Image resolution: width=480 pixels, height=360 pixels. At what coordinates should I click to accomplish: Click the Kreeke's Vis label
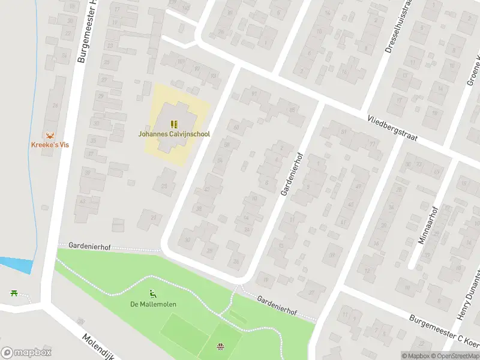pyautogui.click(x=51, y=145)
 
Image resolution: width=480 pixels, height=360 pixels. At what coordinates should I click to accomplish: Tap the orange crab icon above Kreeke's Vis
pyautogui.click(x=50, y=135)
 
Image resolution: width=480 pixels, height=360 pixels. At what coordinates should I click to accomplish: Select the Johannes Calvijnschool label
pyautogui.click(x=174, y=134)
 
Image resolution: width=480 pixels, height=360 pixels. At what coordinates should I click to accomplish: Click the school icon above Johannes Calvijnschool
pyautogui.click(x=174, y=124)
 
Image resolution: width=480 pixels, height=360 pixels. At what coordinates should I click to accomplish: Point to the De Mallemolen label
pyautogui.click(x=154, y=304)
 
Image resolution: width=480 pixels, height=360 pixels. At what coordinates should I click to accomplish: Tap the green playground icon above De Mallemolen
pyautogui.click(x=153, y=294)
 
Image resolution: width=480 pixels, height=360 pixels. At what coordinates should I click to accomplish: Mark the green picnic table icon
pyautogui.click(x=13, y=293)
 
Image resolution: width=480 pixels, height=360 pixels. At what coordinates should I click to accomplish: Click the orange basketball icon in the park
pyautogui.click(x=220, y=346)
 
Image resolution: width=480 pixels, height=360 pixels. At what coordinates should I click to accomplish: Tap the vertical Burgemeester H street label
pyautogui.click(x=87, y=33)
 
